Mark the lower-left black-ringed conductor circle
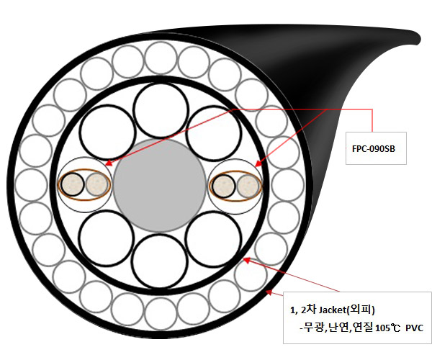pos(107,238)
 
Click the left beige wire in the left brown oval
pos(72,185)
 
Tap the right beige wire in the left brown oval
pos(96,185)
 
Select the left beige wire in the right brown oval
pos(224,186)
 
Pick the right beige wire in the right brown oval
pos(247,186)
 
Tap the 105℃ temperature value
pos(387,328)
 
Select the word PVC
pos(414,328)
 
